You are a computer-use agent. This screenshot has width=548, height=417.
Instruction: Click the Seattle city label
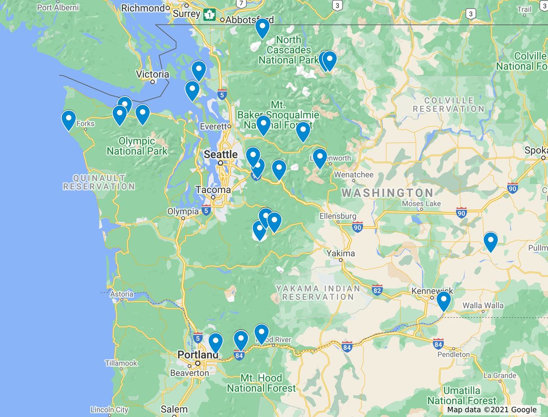[x=221, y=155]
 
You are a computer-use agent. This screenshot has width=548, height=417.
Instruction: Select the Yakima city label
[x=340, y=253]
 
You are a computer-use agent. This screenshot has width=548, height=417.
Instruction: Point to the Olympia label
[x=183, y=211]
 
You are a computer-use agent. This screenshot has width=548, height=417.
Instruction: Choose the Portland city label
[x=198, y=355]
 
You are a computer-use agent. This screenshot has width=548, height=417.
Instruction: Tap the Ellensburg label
[x=338, y=216]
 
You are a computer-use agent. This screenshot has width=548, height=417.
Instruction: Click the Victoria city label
[x=153, y=74]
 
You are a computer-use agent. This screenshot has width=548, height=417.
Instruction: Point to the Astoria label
[x=121, y=294]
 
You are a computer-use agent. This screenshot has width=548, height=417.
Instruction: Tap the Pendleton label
[x=453, y=354]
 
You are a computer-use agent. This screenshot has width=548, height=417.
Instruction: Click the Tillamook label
[x=121, y=363]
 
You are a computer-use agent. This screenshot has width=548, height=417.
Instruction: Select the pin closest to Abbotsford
[x=262, y=28]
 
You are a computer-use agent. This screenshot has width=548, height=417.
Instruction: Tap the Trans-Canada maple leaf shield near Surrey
[x=210, y=15]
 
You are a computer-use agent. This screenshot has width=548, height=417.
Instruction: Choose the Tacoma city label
[x=213, y=190]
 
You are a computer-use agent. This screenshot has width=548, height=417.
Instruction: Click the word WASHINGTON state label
[x=387, y=193]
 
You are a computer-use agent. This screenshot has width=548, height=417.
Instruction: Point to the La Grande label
[x=500, y=376]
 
